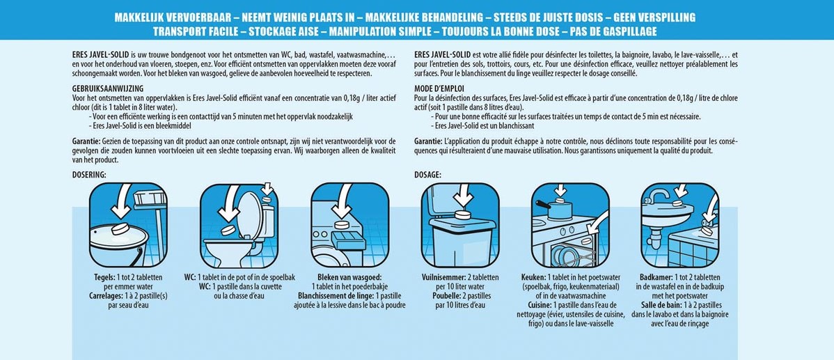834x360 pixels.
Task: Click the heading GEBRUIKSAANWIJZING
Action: (x=107, y=88)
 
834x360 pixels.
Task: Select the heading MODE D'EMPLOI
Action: (x=441, y=88)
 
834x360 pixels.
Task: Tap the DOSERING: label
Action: (x=89, y=174)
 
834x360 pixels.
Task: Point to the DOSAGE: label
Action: (x=428, y=174)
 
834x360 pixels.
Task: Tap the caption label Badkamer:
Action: (x=654, y=278)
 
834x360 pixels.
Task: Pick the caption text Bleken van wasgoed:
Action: (x=349, y=278)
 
